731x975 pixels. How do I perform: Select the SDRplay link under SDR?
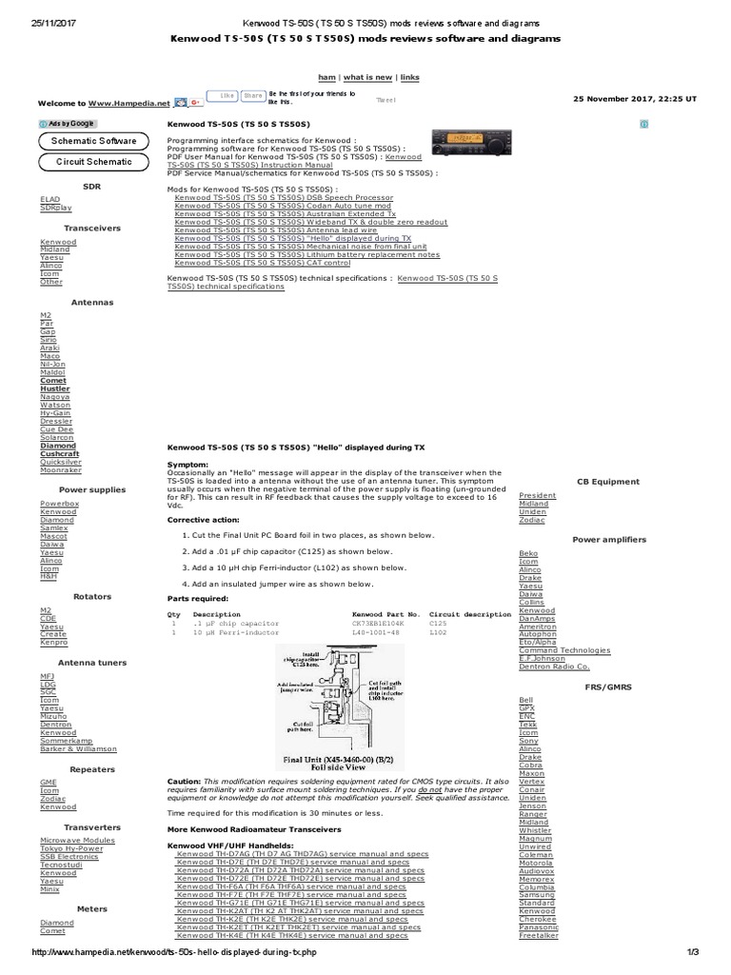[55, 207]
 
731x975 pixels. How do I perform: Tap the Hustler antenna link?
[54, 388]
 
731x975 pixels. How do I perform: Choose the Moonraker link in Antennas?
[60, 470]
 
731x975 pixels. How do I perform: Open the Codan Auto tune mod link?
[283, 205]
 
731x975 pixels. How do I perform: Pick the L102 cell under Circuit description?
[438, 631]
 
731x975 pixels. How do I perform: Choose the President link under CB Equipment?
[538, 495]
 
